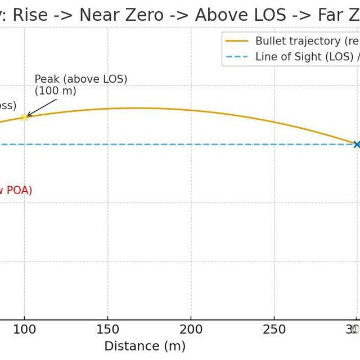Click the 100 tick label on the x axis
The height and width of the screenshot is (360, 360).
pos(24,330)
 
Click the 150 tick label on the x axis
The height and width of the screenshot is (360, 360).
pos(107,330)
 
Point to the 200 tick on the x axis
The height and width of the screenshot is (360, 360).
pos(191,330)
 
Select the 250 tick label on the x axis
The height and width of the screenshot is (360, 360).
pos(274,330)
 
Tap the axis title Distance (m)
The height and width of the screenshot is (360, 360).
pos(145,346)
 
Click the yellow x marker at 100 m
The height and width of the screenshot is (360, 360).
pos(24,117)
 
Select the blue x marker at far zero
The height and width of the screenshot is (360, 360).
pos(357,145)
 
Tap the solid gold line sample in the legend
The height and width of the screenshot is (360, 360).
pos(236,41)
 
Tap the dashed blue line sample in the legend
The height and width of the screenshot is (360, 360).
pos(236,57)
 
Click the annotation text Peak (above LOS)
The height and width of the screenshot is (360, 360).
pos(81,79)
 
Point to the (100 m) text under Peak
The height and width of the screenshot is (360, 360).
pos(55,91)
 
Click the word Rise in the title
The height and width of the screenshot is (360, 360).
pos(30,15)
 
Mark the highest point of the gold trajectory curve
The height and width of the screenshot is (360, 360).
pos(135,108)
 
